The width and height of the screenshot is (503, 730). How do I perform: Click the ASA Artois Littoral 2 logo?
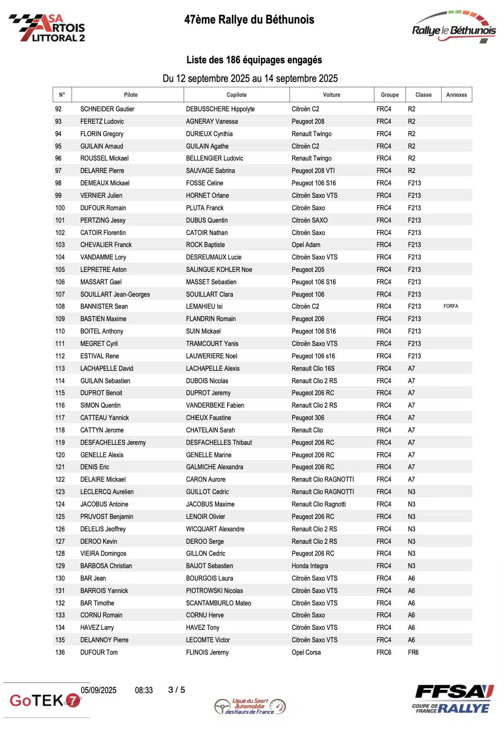pos(47,28)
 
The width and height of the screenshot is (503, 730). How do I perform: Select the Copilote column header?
pos(236,95)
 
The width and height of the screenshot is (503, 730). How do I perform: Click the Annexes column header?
pos(456,95)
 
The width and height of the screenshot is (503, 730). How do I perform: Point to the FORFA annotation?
pos(450,306)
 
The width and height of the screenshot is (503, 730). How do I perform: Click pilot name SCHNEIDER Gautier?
pos(107,109)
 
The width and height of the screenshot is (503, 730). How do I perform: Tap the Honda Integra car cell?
pos(309,566)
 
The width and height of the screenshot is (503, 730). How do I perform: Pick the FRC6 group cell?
pos(383,652)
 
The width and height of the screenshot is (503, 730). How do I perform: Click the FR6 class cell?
pos(413,652)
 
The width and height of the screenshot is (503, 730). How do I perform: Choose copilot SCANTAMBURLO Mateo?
pos(218,603)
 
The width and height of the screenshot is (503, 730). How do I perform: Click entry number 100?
pos(60,208)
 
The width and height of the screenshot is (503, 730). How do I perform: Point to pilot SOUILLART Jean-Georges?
pos(115,294)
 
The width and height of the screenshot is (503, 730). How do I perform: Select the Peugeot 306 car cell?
pos(308,418)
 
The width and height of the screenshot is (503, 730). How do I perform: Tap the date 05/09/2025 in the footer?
pos(98,690)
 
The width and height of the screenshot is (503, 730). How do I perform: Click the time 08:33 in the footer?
pos(144,690)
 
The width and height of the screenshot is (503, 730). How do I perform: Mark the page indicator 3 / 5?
pos(177,690)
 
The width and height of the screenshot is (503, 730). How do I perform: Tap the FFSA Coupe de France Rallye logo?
pos(453,699)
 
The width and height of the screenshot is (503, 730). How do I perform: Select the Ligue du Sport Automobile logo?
pos(250,706)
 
